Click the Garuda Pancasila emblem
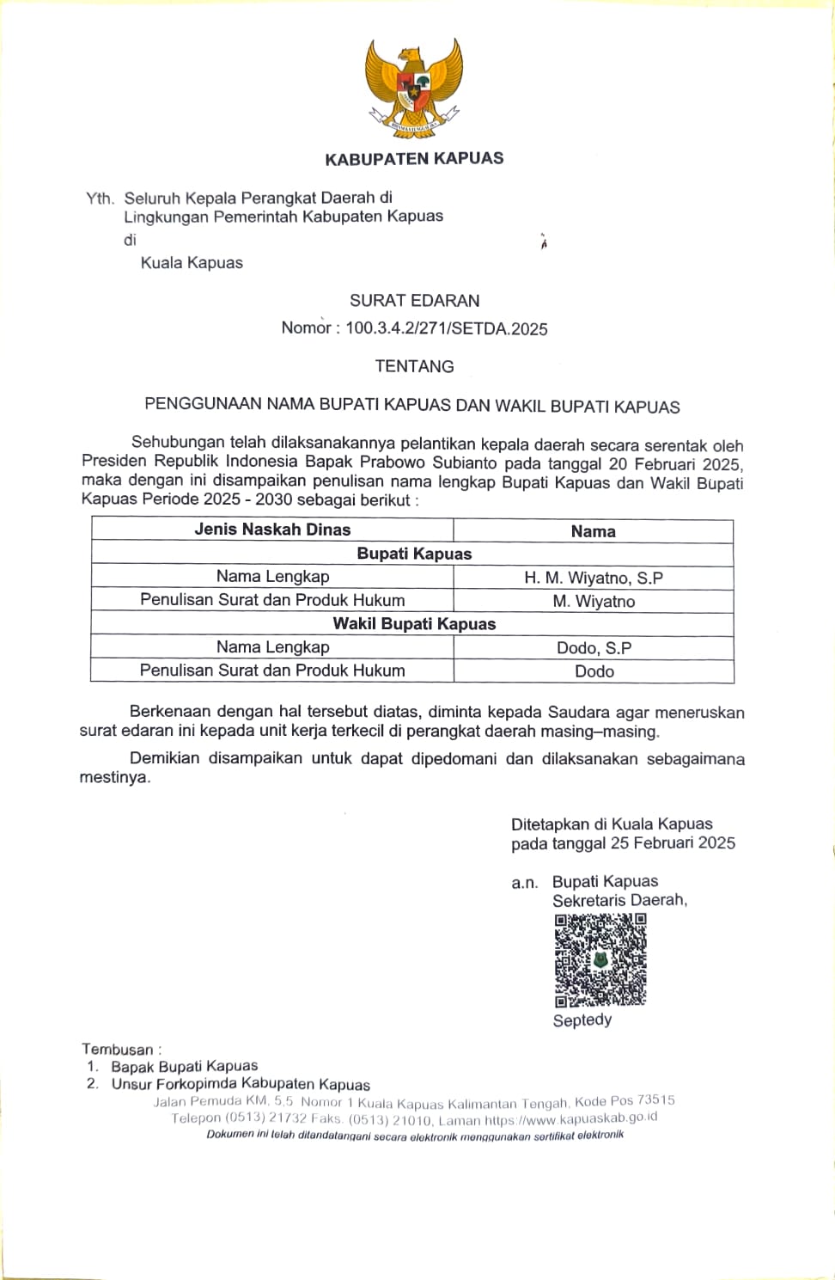(x=414, y=89)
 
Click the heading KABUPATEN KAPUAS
(x=414, y=158)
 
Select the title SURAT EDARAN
(x=414, y=301)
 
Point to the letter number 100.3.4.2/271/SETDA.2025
(x=446, y=328)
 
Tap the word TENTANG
(x=414, y=366)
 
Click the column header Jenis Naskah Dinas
(x=272, y=530)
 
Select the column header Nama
(x=593, y=531)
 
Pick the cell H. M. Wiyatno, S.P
(x=593, y=578)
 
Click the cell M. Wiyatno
(x=594, y=601)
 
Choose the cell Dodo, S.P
(x=594, y=648)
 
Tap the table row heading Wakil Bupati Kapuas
(x=414, y=624)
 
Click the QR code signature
(x=600, y=959)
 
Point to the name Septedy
(x=582, y=1020)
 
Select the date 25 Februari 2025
(x=673, y=843)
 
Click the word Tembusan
(x=118, y=1049)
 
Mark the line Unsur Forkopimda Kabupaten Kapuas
(x=241, y=1084)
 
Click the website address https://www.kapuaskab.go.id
(x=571, y=1118)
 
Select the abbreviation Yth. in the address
(x=100, y=199)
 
